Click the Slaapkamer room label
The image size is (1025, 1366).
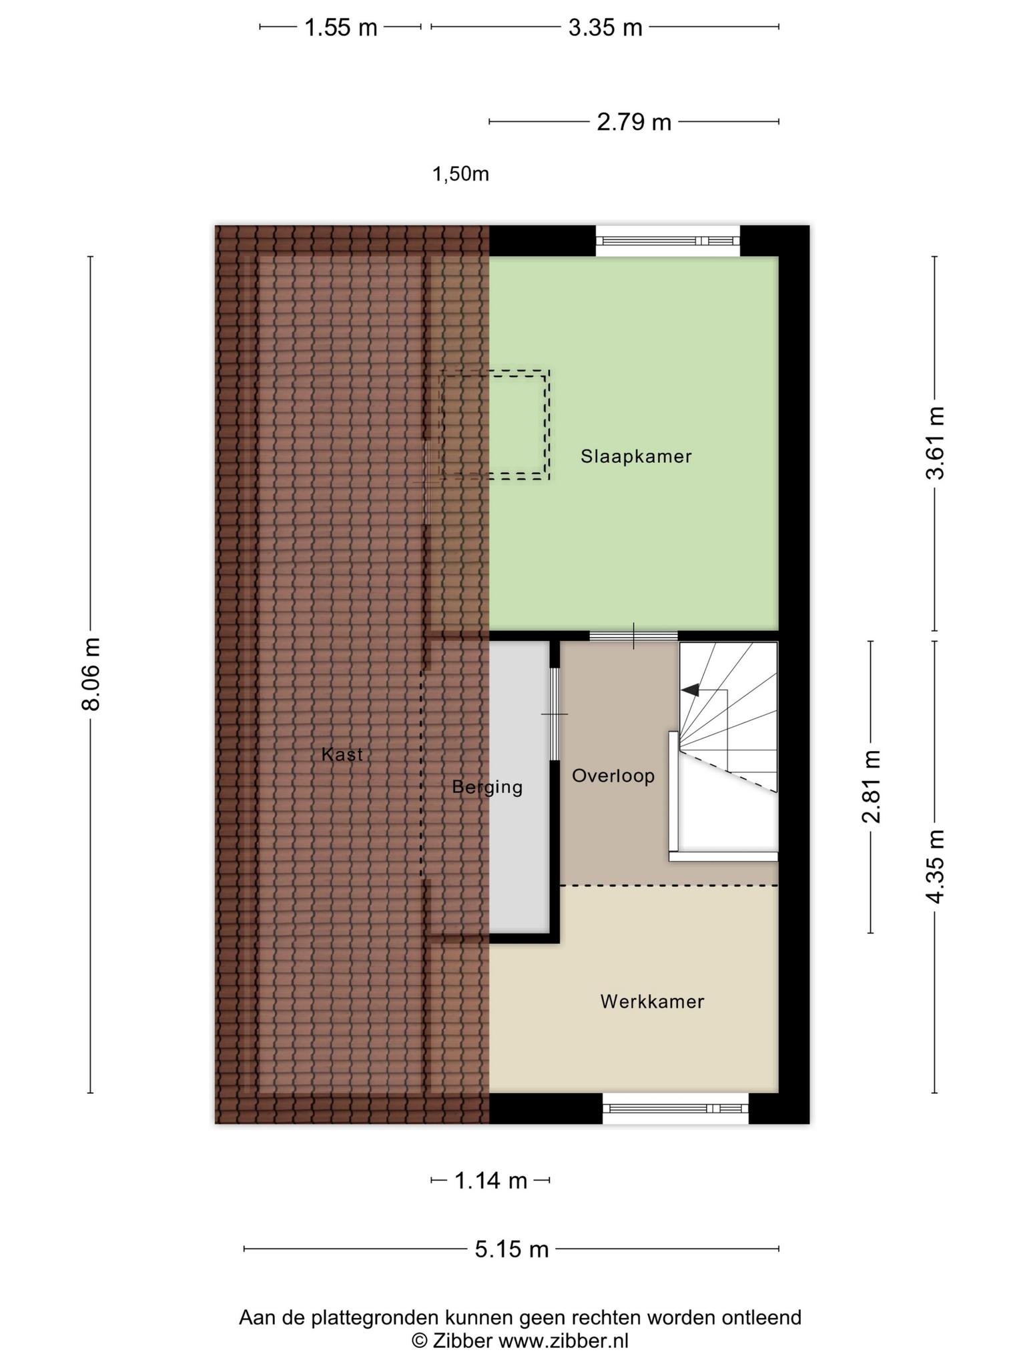(x=636, y=457)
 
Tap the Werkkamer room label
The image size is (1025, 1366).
(x=652, y=1001)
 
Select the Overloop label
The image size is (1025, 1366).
(x=613, y=776)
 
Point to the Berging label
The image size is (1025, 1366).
(x=487, y=787)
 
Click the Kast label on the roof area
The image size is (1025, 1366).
(x=342, y=754)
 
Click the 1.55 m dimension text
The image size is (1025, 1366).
(x=341, y=28)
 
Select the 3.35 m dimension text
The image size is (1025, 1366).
(x=605, y=28)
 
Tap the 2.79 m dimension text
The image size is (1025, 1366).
(x=634, y=123)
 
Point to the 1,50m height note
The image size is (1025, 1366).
(x=461, y=174)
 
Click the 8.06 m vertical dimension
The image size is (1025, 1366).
(x=91, y=674)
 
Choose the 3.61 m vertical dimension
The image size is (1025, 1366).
(x=935, y=443)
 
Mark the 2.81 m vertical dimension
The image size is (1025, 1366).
(x=872, y=786)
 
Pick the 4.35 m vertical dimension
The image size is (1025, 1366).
(x=935, y=866)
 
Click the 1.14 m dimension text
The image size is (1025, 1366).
(x=490, y=1181)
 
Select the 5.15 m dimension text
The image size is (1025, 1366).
(x=512, y=1249)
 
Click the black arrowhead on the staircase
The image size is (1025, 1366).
(x=690, y=690)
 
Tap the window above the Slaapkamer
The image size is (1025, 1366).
(x=668, y=241)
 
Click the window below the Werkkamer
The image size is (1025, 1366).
(x=675, y=1109)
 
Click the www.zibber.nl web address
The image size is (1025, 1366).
(x=564, y=1341)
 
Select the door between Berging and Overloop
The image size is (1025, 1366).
(x=555, y=714)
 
